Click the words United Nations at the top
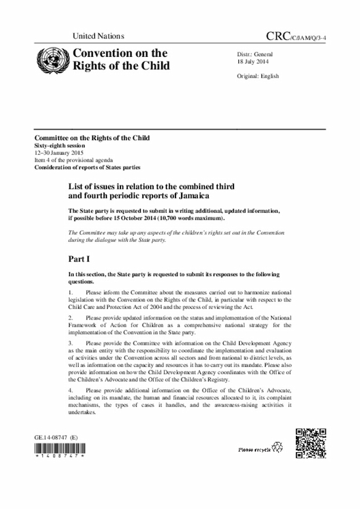tap(98, 37)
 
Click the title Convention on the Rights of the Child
tap(119, 60)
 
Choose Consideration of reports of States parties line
tap(87, 167)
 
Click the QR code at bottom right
tap(310, 443)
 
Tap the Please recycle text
tap(254, 450)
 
